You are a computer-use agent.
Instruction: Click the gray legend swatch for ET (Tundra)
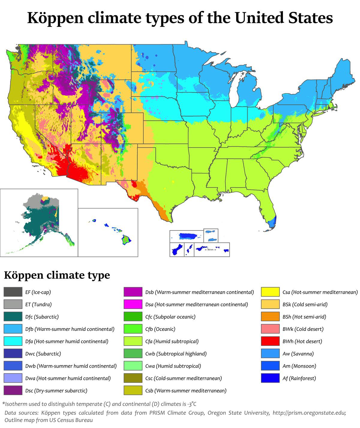[x=13, y=304]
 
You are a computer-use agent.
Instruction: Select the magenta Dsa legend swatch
[x=133, y=304]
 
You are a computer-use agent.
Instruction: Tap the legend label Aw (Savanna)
[x=298, y=354]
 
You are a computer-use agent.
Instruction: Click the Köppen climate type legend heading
[x=57, y=275]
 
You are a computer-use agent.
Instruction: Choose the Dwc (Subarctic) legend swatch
[x=13, y=354]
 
